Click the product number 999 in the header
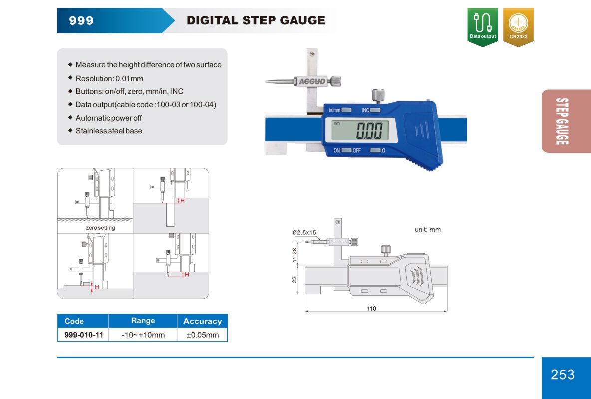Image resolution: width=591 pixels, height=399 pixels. [81, 20]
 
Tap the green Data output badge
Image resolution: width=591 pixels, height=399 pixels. [483, 27]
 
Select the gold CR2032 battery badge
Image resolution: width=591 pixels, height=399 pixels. [518, 27]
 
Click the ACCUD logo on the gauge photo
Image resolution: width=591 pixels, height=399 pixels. [312, 81]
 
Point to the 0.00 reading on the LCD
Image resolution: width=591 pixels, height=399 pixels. [370, 130]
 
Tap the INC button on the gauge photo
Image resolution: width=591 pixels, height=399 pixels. [375, 110]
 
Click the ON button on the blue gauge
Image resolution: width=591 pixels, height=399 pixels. [346, 150]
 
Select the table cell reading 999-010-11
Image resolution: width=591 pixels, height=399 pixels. [84, 335]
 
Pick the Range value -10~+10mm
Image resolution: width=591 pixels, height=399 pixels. [143, 335]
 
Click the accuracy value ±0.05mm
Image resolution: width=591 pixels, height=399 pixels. [202, 335]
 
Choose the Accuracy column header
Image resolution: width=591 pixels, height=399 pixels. [202, 321]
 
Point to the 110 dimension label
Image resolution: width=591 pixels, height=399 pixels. [371, 309]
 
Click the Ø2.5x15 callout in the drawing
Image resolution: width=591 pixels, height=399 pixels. [304, 233]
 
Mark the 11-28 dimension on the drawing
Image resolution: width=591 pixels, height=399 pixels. [295, 255]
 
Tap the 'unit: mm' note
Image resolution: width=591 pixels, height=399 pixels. [427, 230]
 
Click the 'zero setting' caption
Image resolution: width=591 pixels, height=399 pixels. [100, 228]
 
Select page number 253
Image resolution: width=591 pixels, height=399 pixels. [563, 374]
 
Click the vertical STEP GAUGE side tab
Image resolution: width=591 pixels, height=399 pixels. [562, 121]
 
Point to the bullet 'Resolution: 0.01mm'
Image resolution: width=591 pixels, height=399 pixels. [109, 78]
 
